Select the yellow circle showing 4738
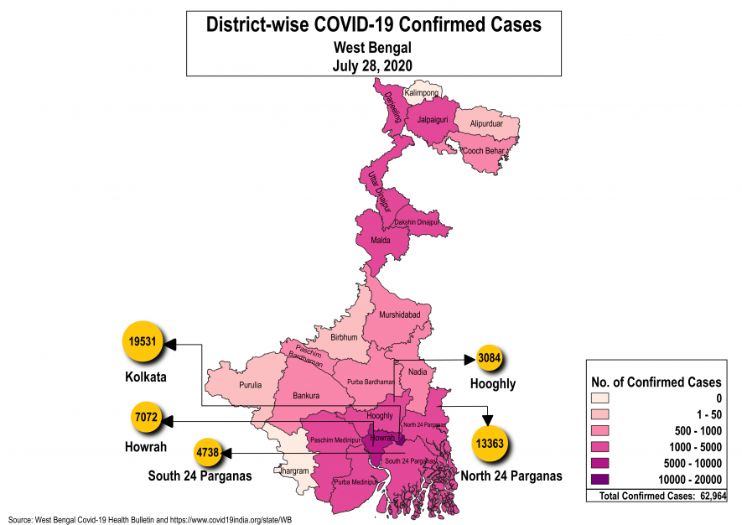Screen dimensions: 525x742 (208, 453)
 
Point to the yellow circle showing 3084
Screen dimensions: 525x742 (490, 358)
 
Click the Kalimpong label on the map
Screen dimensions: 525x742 (421, 92)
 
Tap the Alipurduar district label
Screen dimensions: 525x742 (486, 124)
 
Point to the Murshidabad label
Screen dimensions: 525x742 (400, 314)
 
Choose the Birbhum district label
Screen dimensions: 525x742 (344, 337)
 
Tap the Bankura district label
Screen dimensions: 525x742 (309, 395)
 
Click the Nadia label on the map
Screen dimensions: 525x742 (417, 372)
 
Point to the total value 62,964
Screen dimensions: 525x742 (709, 497)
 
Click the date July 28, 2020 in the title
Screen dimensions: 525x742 (374, 63)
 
